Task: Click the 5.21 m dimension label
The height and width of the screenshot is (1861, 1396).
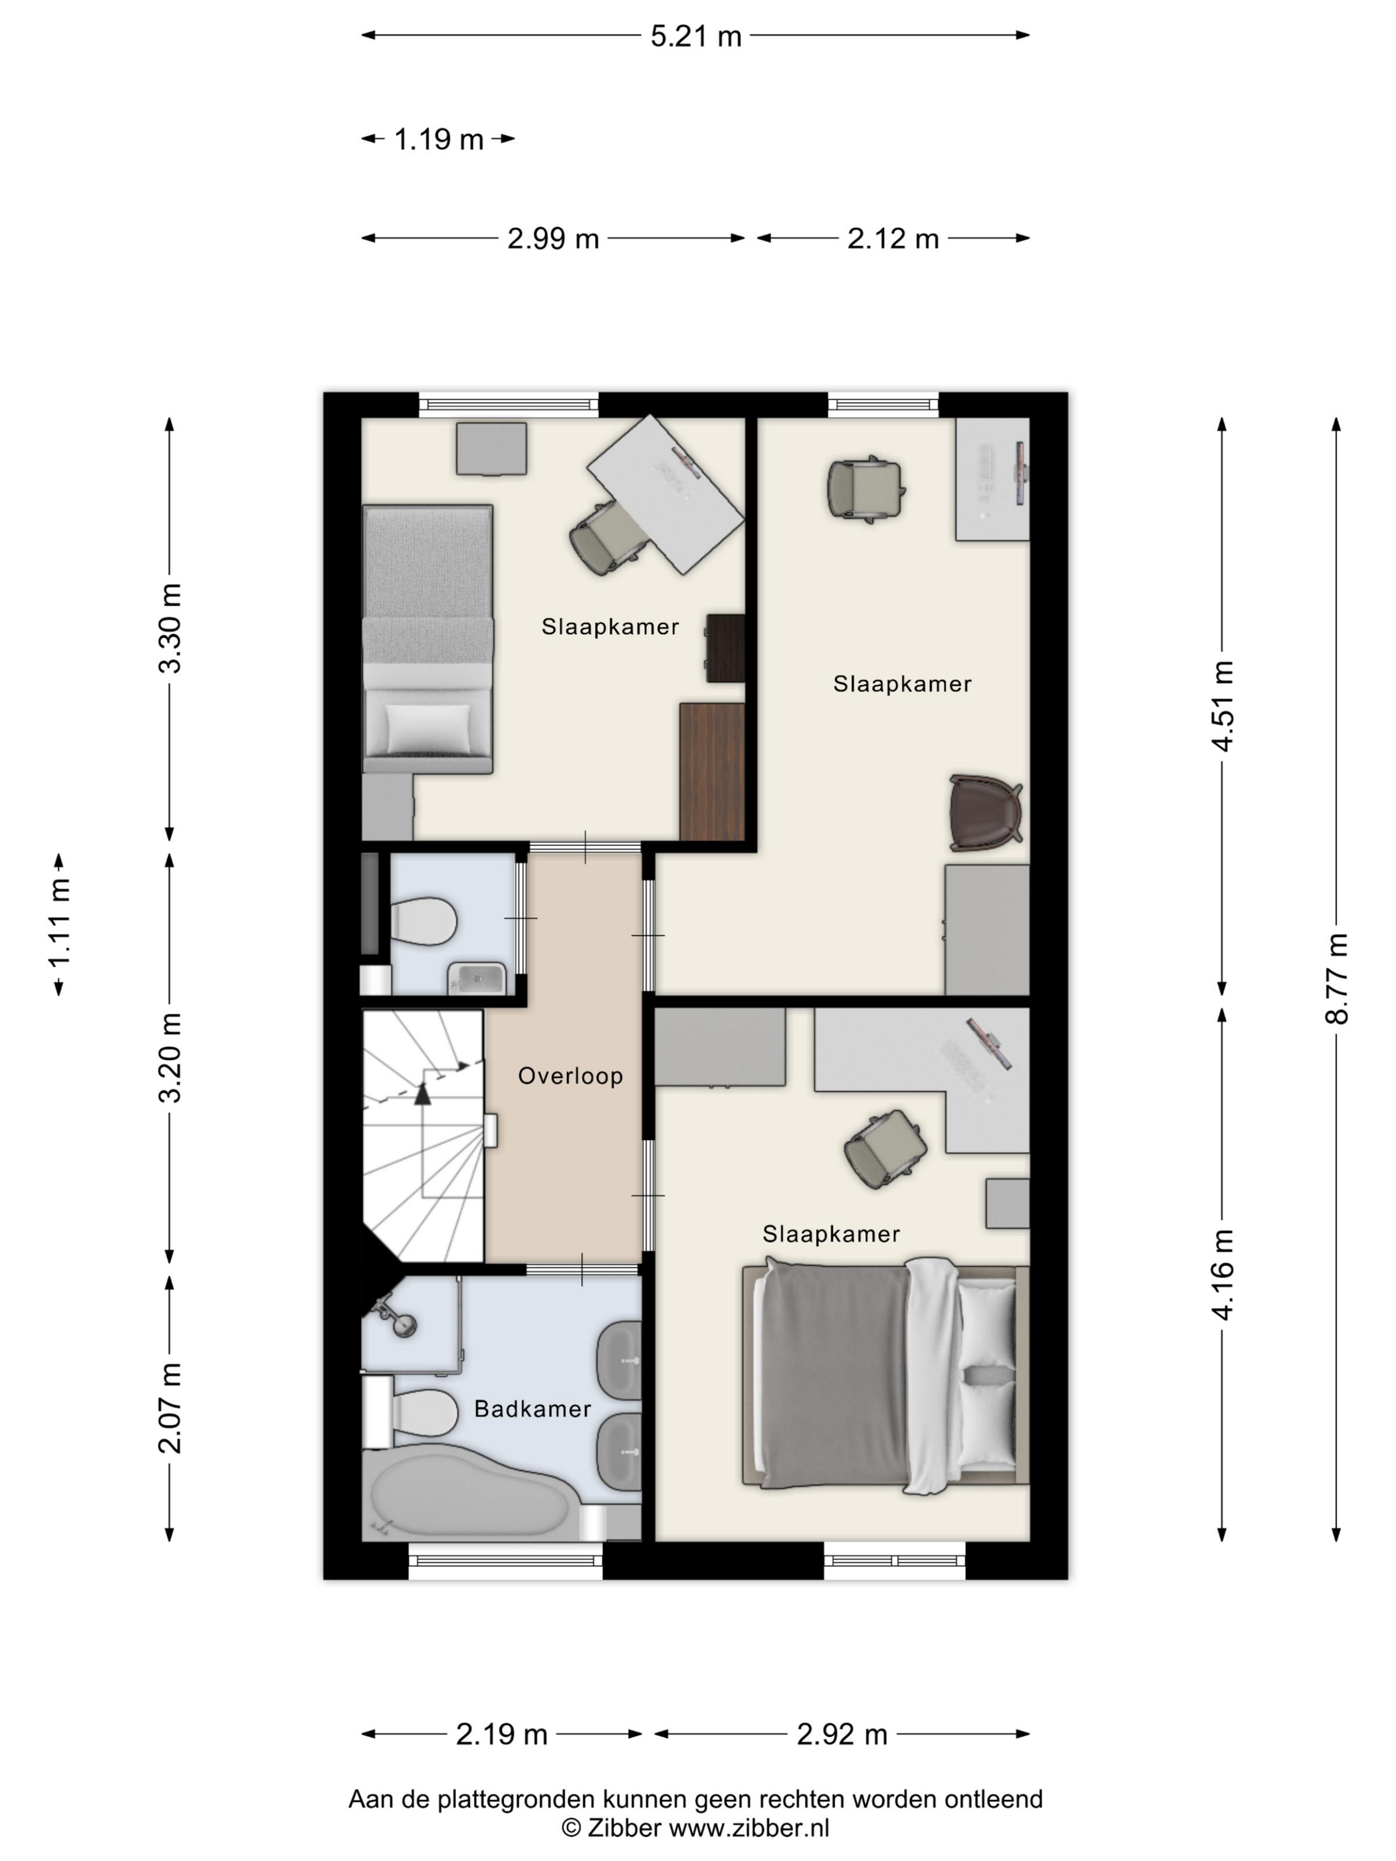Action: coord(696,36)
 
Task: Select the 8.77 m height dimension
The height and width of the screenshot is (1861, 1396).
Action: coord(1336,978)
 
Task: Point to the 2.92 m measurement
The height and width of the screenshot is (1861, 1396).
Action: coord(842,1734)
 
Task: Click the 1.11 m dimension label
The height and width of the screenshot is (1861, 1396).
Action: coord(59,924)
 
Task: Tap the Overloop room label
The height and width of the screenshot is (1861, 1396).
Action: coord(570,1076)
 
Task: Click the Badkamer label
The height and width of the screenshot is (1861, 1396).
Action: coord(532,1409)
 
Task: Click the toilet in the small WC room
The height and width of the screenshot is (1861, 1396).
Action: coord(423,921)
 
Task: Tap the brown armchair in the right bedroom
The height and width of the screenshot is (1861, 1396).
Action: coord(985,813)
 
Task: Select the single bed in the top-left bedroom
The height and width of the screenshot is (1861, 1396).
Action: coord(427,639)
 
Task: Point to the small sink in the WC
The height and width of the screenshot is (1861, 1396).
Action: coord(476,978)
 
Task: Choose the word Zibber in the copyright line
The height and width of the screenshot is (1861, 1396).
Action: coord(624,1827)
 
